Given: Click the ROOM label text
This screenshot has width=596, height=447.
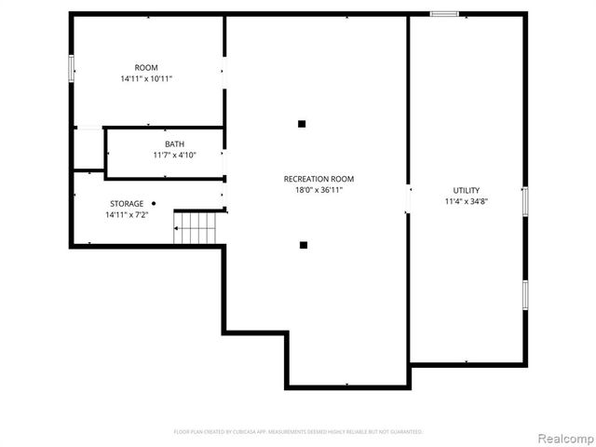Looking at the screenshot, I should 146,67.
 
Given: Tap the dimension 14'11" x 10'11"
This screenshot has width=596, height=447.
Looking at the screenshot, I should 146,79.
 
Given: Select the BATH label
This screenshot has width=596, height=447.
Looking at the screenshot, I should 174,143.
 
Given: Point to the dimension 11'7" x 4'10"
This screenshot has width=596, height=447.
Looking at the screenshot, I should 174,155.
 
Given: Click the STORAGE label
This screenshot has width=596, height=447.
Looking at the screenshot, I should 127,203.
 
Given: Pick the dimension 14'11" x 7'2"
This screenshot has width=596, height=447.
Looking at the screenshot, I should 127,215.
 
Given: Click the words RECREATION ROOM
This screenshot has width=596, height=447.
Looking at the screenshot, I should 318,178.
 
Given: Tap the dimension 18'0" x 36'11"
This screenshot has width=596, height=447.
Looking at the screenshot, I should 318,190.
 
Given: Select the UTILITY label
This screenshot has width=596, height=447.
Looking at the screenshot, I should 467,190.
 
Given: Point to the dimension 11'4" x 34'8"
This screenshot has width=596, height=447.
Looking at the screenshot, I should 467,201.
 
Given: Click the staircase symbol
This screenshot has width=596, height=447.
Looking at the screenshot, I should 197,225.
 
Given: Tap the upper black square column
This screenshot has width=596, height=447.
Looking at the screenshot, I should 302,123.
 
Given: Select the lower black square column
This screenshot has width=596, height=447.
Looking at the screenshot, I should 304,245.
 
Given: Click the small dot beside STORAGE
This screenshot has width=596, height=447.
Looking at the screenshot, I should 154,203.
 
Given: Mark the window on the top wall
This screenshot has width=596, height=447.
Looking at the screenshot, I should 444,14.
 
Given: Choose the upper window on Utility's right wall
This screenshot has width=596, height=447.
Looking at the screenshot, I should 525,201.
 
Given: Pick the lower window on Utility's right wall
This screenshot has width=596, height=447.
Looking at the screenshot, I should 525,293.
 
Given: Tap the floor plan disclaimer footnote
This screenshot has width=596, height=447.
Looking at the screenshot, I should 298,432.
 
